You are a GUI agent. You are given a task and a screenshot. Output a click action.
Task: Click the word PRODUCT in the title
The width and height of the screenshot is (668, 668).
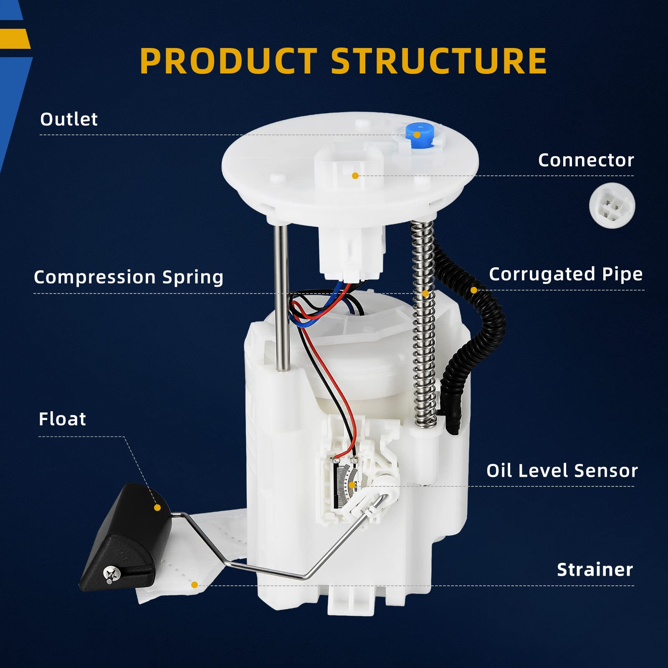228,61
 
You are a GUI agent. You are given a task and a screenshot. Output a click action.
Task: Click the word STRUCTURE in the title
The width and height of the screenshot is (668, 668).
439,61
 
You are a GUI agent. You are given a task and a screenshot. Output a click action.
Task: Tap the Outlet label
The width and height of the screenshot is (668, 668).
69,119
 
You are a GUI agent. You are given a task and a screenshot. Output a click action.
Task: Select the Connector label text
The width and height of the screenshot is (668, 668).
586,160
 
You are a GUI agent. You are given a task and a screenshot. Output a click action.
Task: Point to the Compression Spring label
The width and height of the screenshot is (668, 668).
129,277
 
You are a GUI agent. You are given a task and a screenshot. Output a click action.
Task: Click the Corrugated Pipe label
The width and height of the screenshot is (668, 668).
566,274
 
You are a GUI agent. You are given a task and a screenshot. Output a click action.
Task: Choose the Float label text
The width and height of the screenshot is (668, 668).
62,419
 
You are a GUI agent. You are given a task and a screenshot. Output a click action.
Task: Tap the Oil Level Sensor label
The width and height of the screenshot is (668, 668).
562,471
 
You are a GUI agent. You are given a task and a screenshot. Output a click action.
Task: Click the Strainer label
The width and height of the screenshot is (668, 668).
595,569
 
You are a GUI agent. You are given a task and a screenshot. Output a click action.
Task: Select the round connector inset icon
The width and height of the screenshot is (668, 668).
612,206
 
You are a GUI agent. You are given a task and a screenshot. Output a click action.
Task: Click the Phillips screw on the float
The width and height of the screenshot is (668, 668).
111,574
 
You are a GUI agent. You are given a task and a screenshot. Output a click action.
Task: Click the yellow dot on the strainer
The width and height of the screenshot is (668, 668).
194,585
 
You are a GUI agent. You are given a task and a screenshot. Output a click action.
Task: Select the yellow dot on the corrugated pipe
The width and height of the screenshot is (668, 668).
473,290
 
